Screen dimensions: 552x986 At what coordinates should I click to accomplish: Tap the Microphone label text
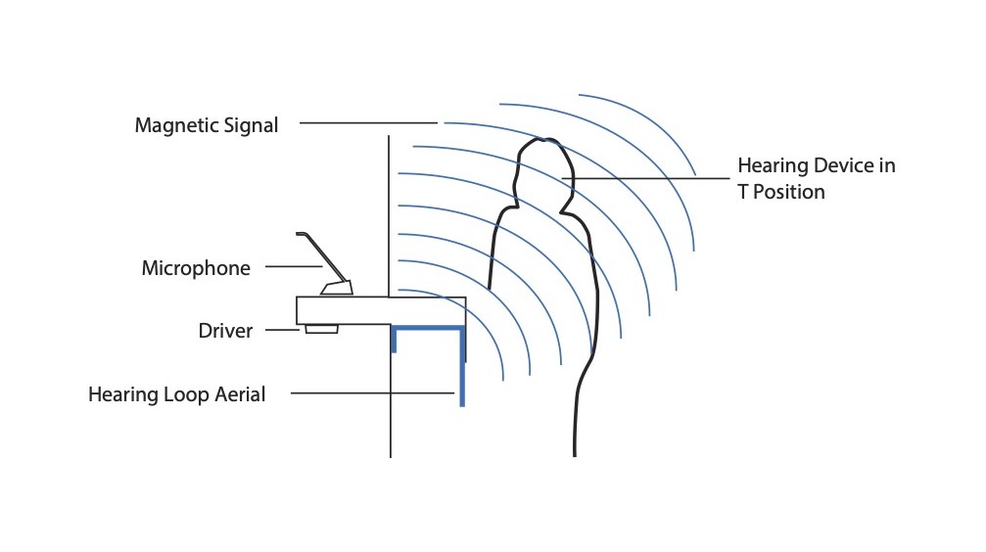tap(196, 268)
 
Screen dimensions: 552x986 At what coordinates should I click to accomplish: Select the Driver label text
tap(225, 331)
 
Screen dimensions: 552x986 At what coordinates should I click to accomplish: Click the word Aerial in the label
tap(236, 394)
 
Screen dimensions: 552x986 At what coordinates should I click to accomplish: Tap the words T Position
tap(780, 192)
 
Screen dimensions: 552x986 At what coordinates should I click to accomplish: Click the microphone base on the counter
tap(337, 289)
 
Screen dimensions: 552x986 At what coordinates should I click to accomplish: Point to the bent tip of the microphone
tap(302, 234)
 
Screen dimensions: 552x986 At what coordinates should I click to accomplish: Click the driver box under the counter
tap(321, 329)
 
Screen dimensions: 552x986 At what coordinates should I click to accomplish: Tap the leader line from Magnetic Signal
tap(367, 123)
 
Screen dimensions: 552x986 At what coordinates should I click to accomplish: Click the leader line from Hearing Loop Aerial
tap(372, 393)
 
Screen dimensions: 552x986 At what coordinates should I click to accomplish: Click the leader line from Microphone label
tap(294, 266)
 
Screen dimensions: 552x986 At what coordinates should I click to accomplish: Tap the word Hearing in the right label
tap(773, 165)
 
